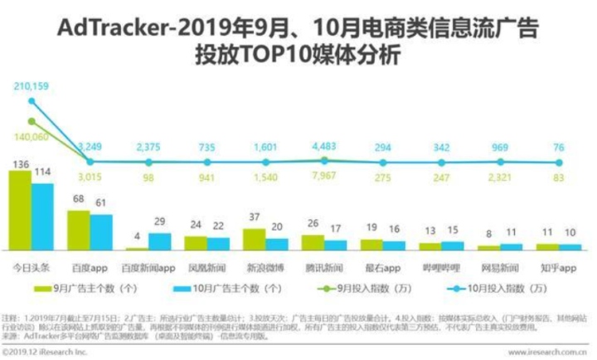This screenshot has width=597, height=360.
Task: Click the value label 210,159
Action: (x=28, y=85)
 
